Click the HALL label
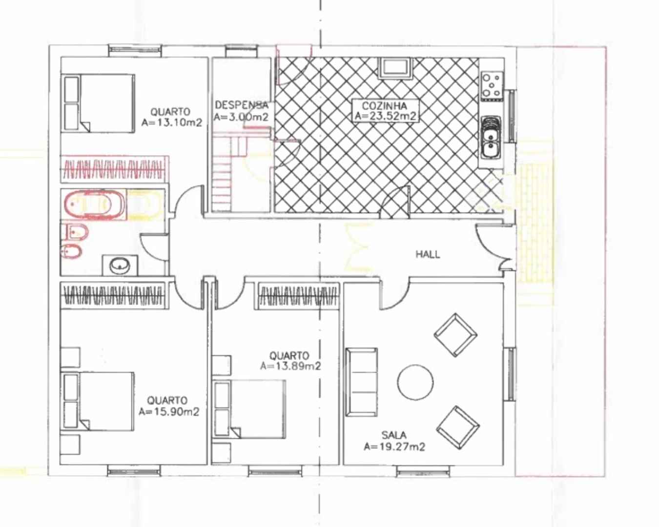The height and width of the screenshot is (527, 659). pos(428,254)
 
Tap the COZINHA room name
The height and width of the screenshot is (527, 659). pos(384,106)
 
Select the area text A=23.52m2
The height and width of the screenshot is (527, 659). pos(385,116)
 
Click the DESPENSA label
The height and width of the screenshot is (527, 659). pos(241,105)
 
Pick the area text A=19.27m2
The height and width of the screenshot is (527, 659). pos(394,447)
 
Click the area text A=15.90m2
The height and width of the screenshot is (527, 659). pos(169,411)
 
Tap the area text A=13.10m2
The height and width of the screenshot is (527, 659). pos(171,122)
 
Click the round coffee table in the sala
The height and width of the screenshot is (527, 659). pos(415,382)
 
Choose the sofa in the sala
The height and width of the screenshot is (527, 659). pos(361,382)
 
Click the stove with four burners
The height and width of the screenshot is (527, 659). pos(492,86)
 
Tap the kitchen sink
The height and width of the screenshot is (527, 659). pos(491,137)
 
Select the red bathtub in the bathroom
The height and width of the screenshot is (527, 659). pos(94,204)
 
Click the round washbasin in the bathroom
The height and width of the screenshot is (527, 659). pos(120,265)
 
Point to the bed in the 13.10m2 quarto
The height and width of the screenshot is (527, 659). pos(98,103)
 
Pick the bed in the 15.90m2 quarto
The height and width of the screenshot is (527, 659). pos(97,401)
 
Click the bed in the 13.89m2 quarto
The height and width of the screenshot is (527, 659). pos(248,409)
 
